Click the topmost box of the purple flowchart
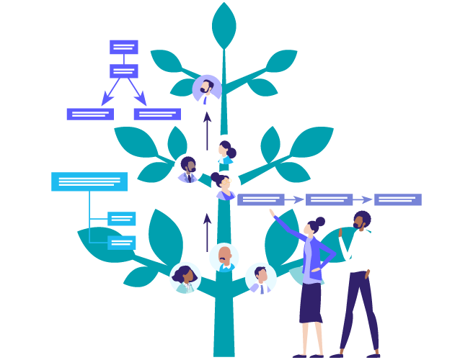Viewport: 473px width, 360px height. pos(123,47)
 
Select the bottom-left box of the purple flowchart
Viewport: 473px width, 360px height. pos(90,114)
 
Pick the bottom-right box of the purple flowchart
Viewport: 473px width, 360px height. pos(157,114)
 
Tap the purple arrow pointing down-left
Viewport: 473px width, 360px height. pos(109,94)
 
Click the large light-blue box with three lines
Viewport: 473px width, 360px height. pos(89,181)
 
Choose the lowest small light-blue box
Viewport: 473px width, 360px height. pos(122,243)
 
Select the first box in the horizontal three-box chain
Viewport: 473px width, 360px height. pos(261,199)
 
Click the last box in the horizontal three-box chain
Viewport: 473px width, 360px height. pos(398,199)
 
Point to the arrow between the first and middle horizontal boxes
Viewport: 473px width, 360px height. pos(295,199)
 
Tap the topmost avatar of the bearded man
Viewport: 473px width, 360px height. pos(207,90)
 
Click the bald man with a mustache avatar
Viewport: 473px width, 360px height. pos(224,257)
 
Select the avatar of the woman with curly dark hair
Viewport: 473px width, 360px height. pos(185,277)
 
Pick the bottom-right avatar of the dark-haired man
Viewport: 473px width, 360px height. pos(261,278)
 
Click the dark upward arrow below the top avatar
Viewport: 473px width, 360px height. pos(208,128)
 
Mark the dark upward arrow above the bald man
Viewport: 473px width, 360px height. pos(208,230)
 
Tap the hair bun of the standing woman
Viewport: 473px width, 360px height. pos(320,221)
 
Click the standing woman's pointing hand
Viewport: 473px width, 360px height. pos(272,212)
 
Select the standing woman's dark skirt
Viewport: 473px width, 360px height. pos(311,302)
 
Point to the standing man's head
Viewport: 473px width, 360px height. pos(361,220)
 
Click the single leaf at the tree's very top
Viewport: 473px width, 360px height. pos(224,26)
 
